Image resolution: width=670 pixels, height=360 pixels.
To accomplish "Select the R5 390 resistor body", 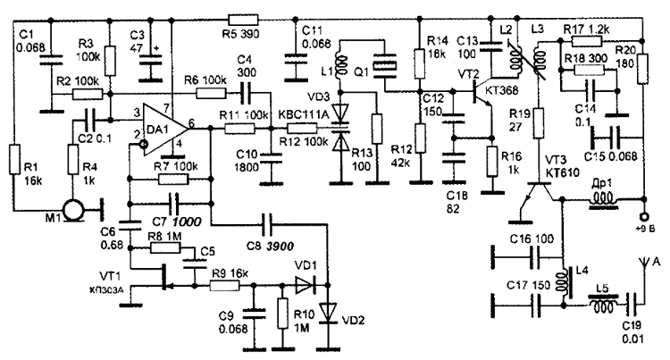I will [243, 16].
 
